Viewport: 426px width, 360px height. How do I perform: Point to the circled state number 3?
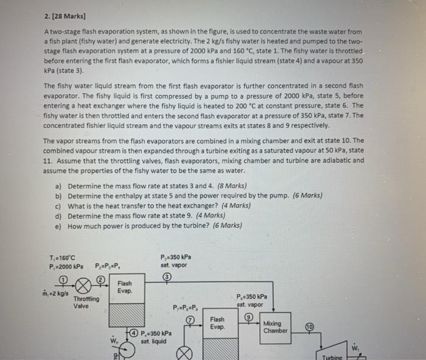[x=165, y=276]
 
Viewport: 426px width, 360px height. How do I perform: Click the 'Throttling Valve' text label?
[x=86, y=302]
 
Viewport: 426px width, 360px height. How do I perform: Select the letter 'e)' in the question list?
[x=58, y=225]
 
